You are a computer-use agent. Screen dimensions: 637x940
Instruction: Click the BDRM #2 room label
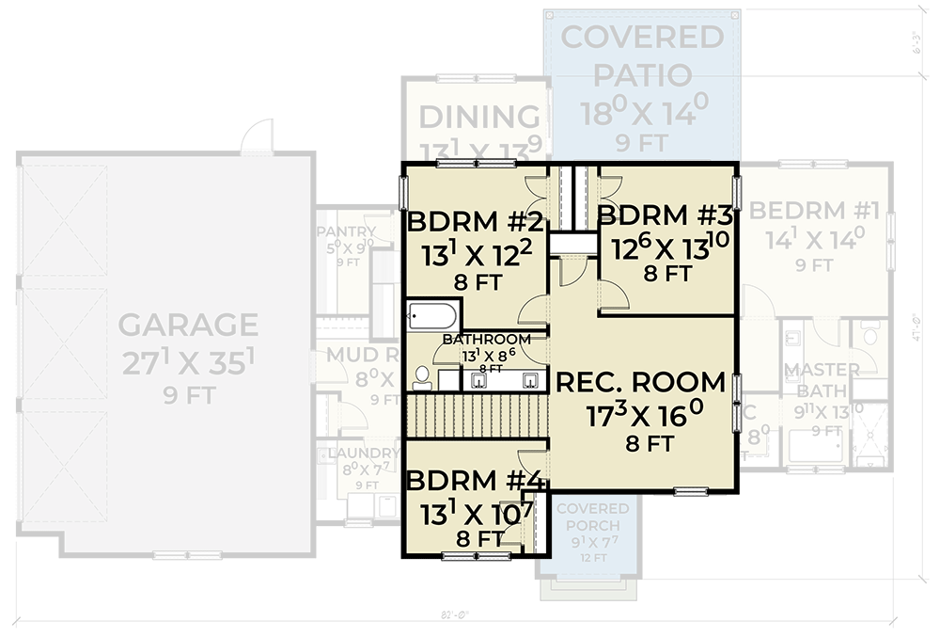475,224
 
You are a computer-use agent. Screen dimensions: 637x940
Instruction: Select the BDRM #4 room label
475,481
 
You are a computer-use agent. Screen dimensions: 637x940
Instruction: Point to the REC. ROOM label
641,383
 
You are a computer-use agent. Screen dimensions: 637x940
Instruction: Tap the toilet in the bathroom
421,378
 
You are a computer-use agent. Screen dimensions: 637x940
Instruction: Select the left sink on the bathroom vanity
478,380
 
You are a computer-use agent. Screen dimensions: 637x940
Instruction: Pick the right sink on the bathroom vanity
531,380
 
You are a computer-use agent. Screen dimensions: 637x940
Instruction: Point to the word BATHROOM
486,339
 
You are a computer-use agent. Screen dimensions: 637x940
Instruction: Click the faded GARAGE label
188,325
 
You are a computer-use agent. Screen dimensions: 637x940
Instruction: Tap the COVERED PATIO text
642,56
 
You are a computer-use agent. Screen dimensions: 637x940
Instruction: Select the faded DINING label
479,118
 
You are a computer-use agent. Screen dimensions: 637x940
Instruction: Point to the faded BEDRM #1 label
814,210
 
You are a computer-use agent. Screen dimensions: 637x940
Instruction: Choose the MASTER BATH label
822,379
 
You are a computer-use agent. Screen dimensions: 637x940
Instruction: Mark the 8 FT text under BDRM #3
667,275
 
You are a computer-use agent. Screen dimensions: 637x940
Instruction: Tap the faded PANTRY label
346,231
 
